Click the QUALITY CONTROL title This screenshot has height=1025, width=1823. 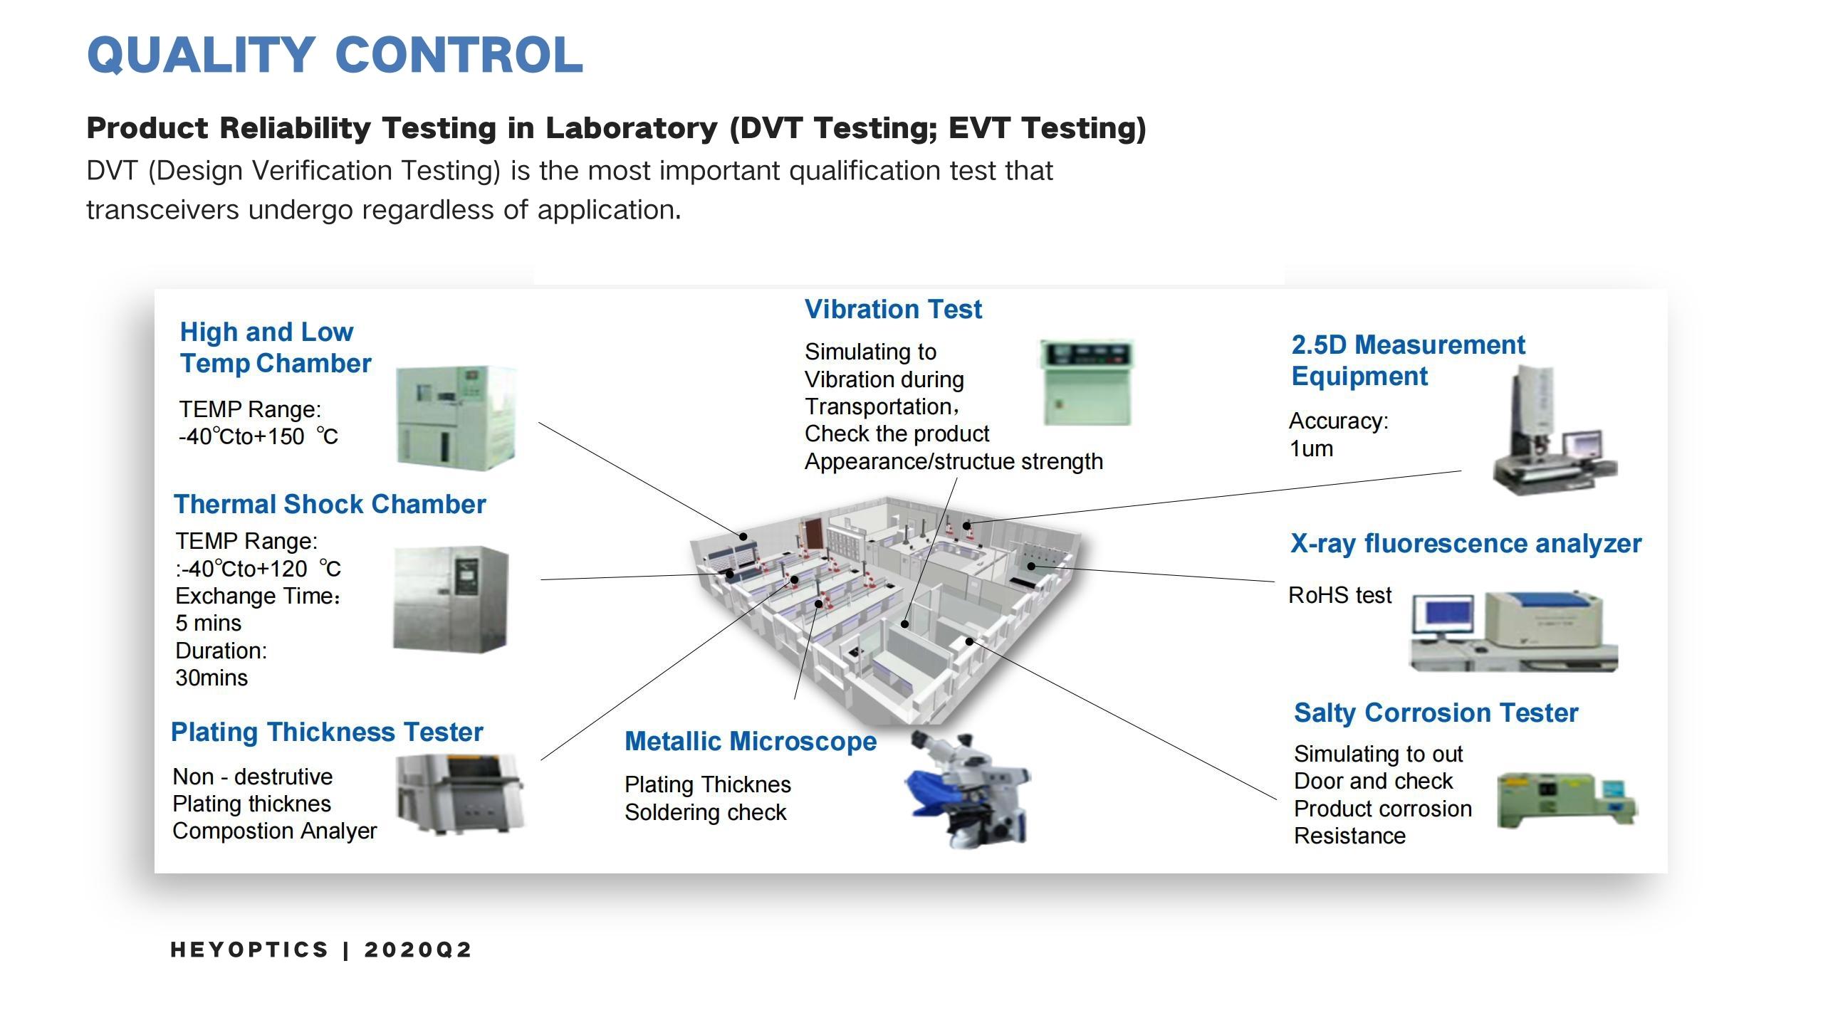point(335,56)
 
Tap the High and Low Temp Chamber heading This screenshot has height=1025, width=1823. point(275,347)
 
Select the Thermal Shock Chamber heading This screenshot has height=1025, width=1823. point(330,504)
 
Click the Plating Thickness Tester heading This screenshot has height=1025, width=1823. point(327,732)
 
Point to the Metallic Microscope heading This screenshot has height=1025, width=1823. point(751,741)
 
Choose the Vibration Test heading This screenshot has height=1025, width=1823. point(893,309)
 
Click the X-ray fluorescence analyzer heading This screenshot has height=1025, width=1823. point(1466,543)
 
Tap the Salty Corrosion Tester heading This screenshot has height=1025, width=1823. point(1436,713)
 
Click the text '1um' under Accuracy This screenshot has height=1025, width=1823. point(1311,449)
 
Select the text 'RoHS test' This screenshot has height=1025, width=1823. point(1339,595)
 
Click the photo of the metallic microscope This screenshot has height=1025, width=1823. point(970,790)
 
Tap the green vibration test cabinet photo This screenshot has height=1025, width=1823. point(1087,383)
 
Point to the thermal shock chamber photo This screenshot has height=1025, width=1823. point(450,599)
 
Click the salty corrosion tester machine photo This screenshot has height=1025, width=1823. point(1565,801)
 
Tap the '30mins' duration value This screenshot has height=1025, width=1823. point(211,678)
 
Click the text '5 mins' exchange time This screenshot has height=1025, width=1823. point(208,623)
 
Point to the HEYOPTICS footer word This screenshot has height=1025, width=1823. point(249,950)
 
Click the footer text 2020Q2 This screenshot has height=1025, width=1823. point(418,950)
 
